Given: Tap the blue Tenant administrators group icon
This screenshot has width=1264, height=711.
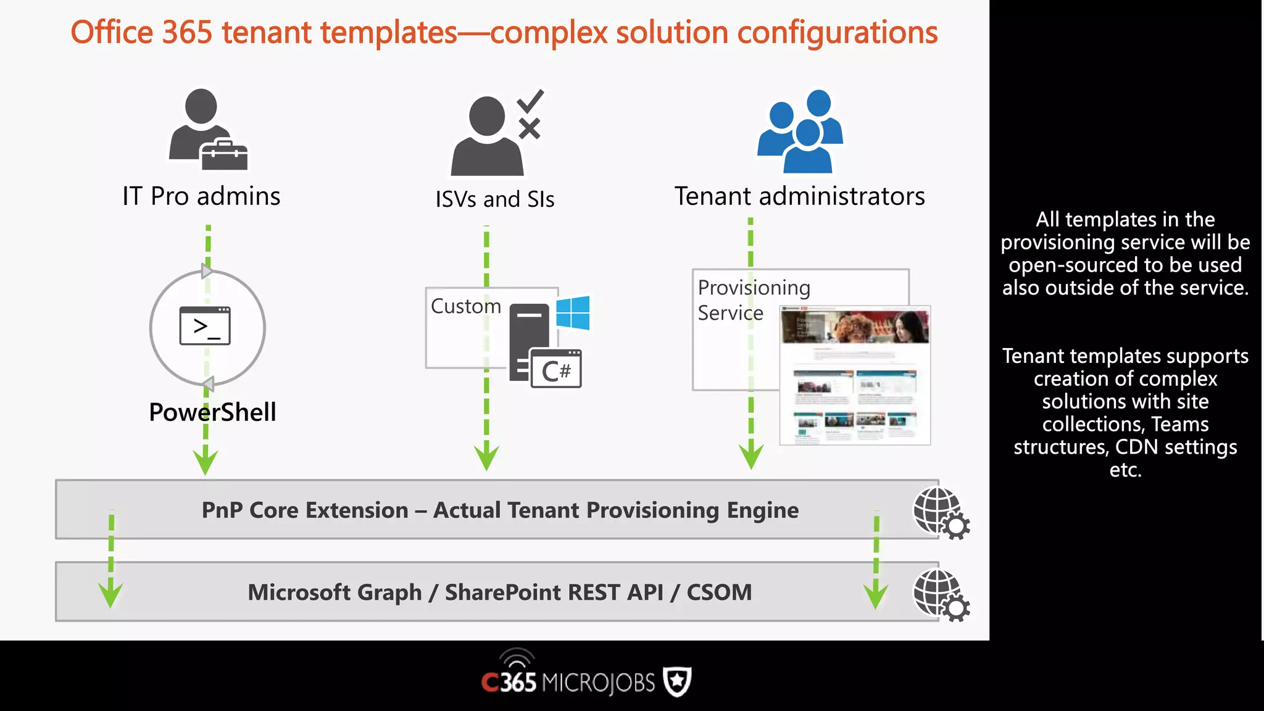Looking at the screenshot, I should point(800,132).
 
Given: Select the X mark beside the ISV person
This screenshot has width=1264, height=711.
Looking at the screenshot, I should point(529,129).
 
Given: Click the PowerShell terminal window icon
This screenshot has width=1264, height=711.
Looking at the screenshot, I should point(205,326).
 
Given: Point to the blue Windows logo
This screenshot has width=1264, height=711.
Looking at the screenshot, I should point(573,313).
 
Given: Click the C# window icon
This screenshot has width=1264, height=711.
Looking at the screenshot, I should point(555,369).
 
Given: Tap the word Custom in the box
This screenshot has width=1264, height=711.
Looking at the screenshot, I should point(466,306).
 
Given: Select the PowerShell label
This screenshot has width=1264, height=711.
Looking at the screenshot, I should point(212,412).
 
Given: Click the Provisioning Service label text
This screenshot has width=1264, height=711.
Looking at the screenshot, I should point(753,300).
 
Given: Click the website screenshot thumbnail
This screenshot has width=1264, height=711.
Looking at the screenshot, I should point(855,375).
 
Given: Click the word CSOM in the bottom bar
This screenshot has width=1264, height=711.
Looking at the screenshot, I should point(719,592).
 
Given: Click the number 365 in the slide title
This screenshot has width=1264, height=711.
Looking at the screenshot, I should point(187,32).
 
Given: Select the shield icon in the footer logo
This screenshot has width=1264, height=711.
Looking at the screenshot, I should point(677,682).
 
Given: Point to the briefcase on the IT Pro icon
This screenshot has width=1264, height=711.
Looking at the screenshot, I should point(224,156).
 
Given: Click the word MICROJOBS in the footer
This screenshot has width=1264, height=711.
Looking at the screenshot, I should point(597,683).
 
